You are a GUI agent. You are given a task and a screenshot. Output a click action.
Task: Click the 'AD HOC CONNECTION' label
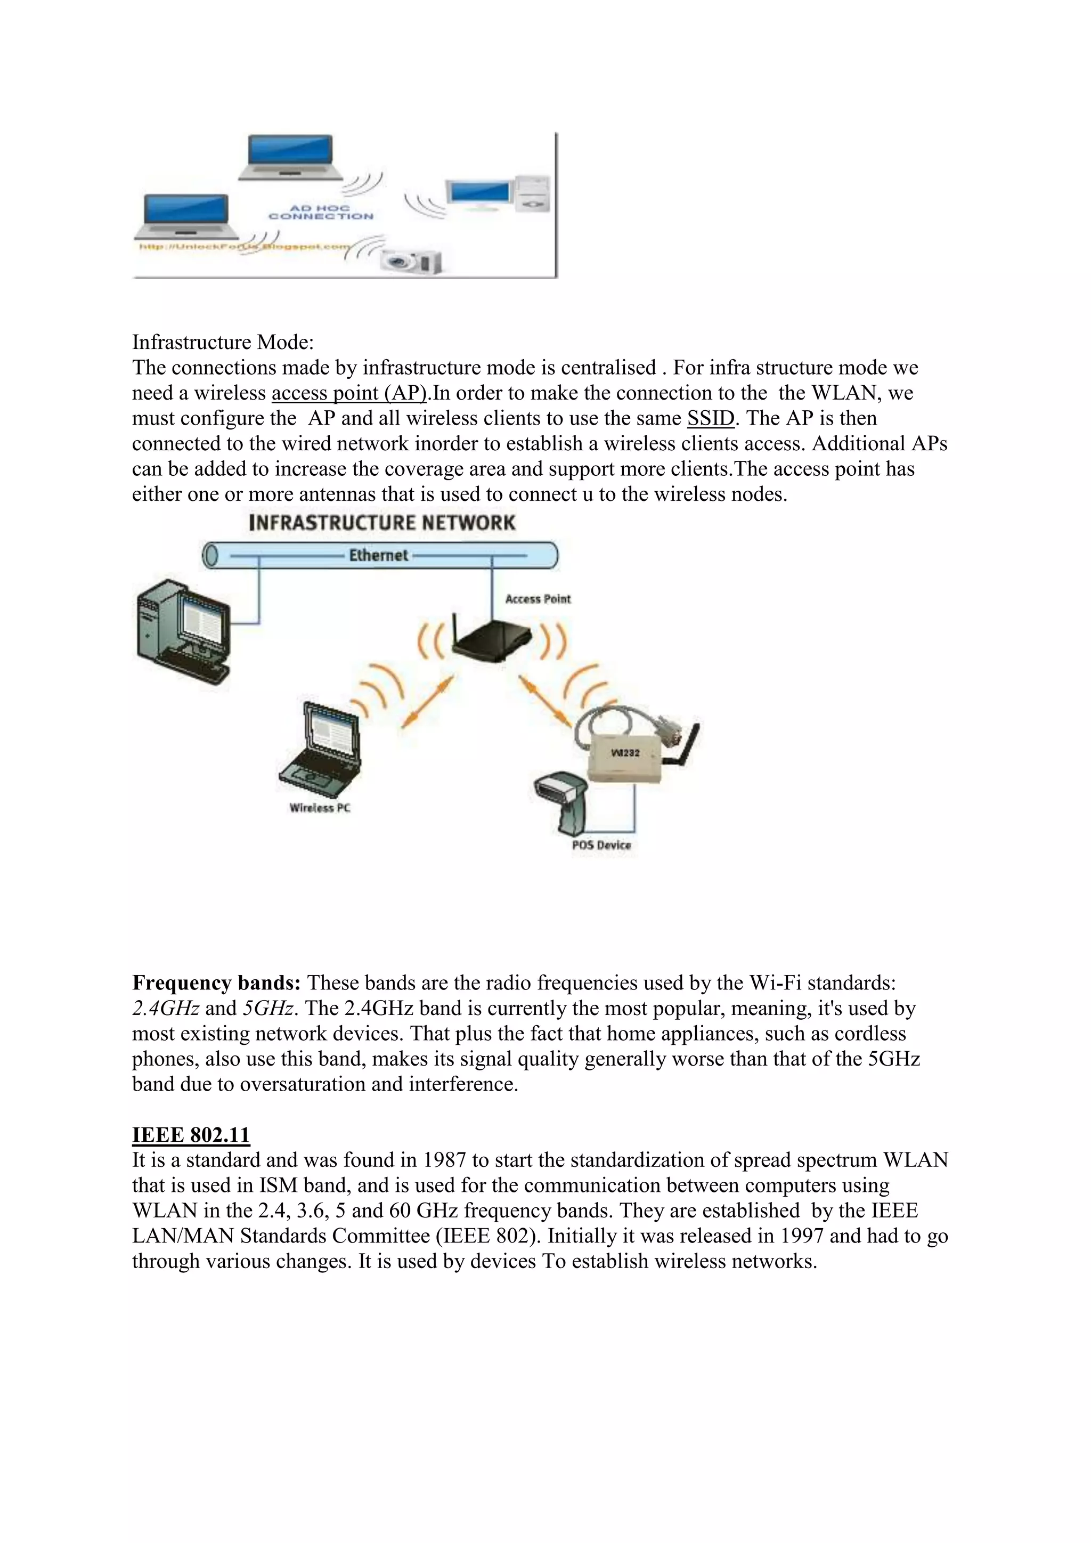pos(321,213)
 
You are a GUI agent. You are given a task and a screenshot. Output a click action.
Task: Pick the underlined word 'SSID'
pos(711,418)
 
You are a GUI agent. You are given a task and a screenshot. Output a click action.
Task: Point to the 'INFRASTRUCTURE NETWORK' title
pos(381,523)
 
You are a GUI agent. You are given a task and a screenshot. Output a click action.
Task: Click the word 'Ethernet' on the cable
pos(378,555)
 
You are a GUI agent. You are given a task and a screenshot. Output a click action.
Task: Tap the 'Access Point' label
pos(538,599)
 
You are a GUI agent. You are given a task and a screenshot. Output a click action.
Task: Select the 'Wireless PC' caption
pos(320,808)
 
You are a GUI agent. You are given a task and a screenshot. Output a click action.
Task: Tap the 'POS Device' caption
pos(601,846)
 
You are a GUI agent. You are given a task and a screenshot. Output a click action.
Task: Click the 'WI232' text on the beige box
pos(625,753)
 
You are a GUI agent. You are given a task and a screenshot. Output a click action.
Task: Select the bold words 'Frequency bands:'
pos(216,982)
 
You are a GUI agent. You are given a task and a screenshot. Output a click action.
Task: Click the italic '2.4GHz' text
pos(165,1008)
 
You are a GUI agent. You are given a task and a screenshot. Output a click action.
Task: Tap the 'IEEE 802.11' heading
pos(191,1134)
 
